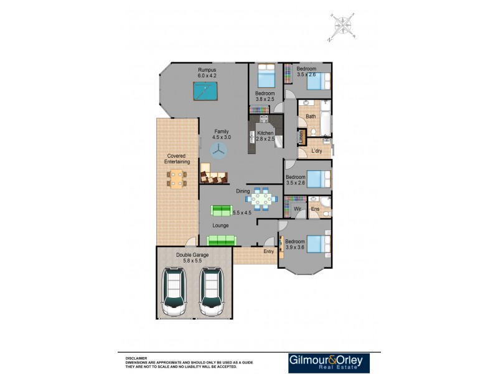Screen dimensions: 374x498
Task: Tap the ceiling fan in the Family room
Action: click(x=218, y=150)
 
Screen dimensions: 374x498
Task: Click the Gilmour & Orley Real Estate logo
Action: click(x=329, y=363)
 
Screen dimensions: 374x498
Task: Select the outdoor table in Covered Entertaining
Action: click(x=177, y=179)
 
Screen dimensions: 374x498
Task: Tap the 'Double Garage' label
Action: click(x=192, y=255)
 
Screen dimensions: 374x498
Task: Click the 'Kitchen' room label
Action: click(x=265, y=133)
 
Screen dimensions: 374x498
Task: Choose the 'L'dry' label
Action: click(x=316, y=150)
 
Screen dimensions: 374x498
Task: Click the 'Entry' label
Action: click(x=268, y=251)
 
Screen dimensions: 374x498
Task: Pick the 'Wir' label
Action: click(x=298, y=208)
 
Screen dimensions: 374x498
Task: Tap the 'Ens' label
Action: click(x=315, y=208)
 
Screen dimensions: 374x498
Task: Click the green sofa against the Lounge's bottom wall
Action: click(x=221, y=240)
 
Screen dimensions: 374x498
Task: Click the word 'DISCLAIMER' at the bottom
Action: click(x=136, y=358)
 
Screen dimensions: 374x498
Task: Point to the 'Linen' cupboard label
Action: click(x=301, y=137)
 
